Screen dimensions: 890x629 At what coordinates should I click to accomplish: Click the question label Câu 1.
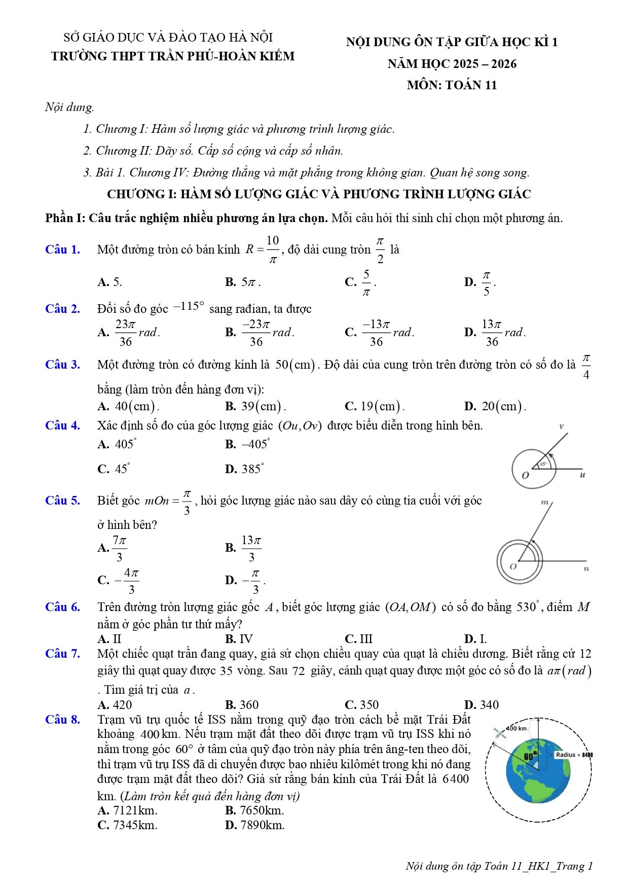(x=62, y=250)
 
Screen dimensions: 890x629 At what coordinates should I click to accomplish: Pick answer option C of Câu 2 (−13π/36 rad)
(x=379, y=333)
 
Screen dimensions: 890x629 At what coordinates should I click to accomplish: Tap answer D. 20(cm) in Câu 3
(x=495, y=406)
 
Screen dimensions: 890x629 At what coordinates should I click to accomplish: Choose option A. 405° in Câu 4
(x=117, y=444)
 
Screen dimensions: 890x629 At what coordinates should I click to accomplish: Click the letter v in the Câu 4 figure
(x=561, y=426)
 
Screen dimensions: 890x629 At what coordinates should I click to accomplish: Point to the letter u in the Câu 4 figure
(x=582, y=475)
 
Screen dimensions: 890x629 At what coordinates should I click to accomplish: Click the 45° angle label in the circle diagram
(x=543, y=464)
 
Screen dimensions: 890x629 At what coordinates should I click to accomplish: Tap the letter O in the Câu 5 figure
(x=513, y=566)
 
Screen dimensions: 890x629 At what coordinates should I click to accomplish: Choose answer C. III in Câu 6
(x=358, y=639)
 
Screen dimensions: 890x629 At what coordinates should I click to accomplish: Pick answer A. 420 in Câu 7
(x=115, y=705)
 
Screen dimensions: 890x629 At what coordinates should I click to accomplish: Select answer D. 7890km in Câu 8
(x=255, y=825)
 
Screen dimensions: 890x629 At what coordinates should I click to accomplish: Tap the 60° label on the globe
(x=530, y=756)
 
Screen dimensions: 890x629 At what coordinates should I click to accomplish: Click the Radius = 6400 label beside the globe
(x=574, y=755)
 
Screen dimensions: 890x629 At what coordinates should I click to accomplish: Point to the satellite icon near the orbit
(x=500, y=733)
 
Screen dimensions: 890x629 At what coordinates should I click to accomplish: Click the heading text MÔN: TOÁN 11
(x=452, y=85)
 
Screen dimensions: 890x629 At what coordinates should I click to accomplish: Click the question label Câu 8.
(x=62, y=720)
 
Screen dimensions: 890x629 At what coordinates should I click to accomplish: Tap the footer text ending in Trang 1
(x=499, y=866)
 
